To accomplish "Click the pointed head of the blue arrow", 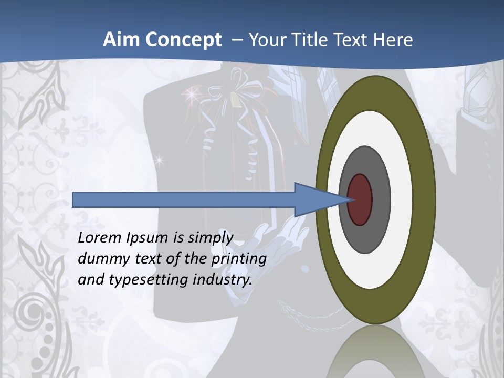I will [315, 199].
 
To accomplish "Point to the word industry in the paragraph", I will [223, 280].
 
